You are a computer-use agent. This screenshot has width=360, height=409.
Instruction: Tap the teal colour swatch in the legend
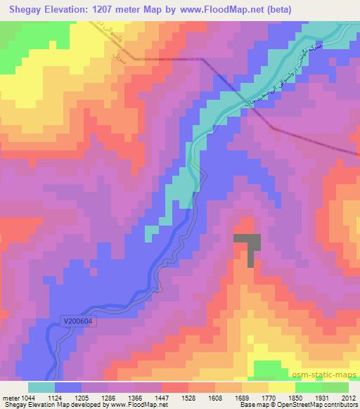(41, 387)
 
